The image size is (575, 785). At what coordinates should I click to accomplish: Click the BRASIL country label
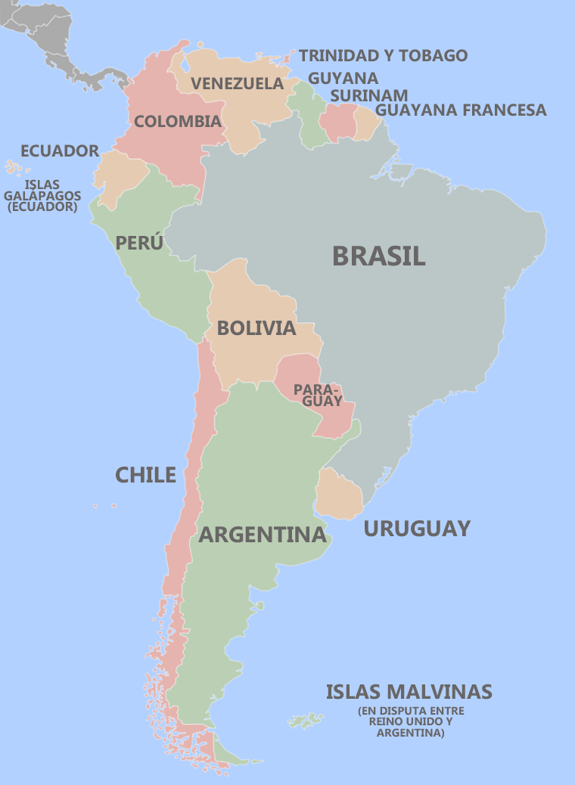click(378, 256)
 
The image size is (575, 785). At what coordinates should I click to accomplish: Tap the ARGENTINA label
click(262, 535)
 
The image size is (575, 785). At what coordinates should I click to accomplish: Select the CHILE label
click(145, 475)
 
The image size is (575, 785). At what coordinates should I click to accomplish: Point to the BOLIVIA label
click(256, 328)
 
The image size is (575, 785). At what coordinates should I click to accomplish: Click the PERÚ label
click(139, 243)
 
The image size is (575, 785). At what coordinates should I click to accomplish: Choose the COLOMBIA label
click(177, 121)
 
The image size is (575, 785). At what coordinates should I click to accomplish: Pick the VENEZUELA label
click(237, 83)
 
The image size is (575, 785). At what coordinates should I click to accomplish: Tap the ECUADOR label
click(60, 150)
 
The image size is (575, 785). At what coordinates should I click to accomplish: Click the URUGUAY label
click(417, 528)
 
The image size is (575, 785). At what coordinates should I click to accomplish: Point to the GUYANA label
click(343, 79)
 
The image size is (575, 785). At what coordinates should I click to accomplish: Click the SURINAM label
click(368, 95)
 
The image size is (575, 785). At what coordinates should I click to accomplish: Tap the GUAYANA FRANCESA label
click(460, 110)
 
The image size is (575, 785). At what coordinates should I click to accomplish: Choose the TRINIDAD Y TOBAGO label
click(383, 55)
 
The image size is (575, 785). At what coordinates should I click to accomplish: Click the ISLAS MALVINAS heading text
click(409, 691)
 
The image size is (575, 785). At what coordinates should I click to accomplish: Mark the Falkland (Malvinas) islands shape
click(306, 720)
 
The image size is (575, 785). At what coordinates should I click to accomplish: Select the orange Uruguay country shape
click(339, 495)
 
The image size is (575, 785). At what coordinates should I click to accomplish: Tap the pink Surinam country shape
click(339, 123)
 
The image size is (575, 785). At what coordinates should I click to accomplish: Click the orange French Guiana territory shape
click(365, 124)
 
